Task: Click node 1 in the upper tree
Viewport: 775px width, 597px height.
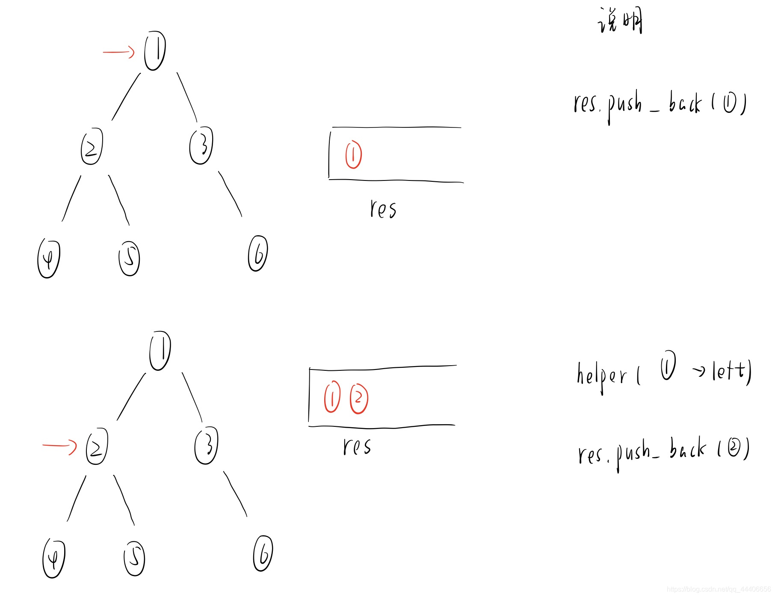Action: click(155, 50)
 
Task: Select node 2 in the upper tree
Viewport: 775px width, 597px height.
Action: click(92, 146)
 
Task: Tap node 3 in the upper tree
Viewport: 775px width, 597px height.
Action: click(201, 145)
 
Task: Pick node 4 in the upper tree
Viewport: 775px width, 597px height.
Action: click(49, 258)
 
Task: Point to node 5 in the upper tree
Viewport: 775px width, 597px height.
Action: click(129, 258)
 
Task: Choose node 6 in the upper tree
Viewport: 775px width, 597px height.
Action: click(258, 253)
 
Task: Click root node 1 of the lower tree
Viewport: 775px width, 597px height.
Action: click(160, 350)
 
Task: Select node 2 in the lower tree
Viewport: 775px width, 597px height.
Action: click(97, 446)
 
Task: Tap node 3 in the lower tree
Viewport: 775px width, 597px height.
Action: click(206, 445)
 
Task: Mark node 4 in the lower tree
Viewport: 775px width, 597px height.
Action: click(54, 559)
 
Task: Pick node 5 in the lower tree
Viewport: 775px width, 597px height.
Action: click(134, 559)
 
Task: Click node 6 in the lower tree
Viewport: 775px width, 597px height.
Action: click(263, 553)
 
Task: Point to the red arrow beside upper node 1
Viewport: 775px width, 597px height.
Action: click(118, 52)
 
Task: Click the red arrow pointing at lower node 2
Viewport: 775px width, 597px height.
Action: click(59, 446)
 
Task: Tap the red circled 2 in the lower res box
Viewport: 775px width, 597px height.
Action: click(359, 399)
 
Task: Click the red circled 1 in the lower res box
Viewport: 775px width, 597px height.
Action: click(332, 398)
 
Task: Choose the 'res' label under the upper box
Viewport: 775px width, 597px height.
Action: click(383, 210)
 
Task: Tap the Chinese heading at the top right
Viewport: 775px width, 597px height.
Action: click(620, 21)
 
